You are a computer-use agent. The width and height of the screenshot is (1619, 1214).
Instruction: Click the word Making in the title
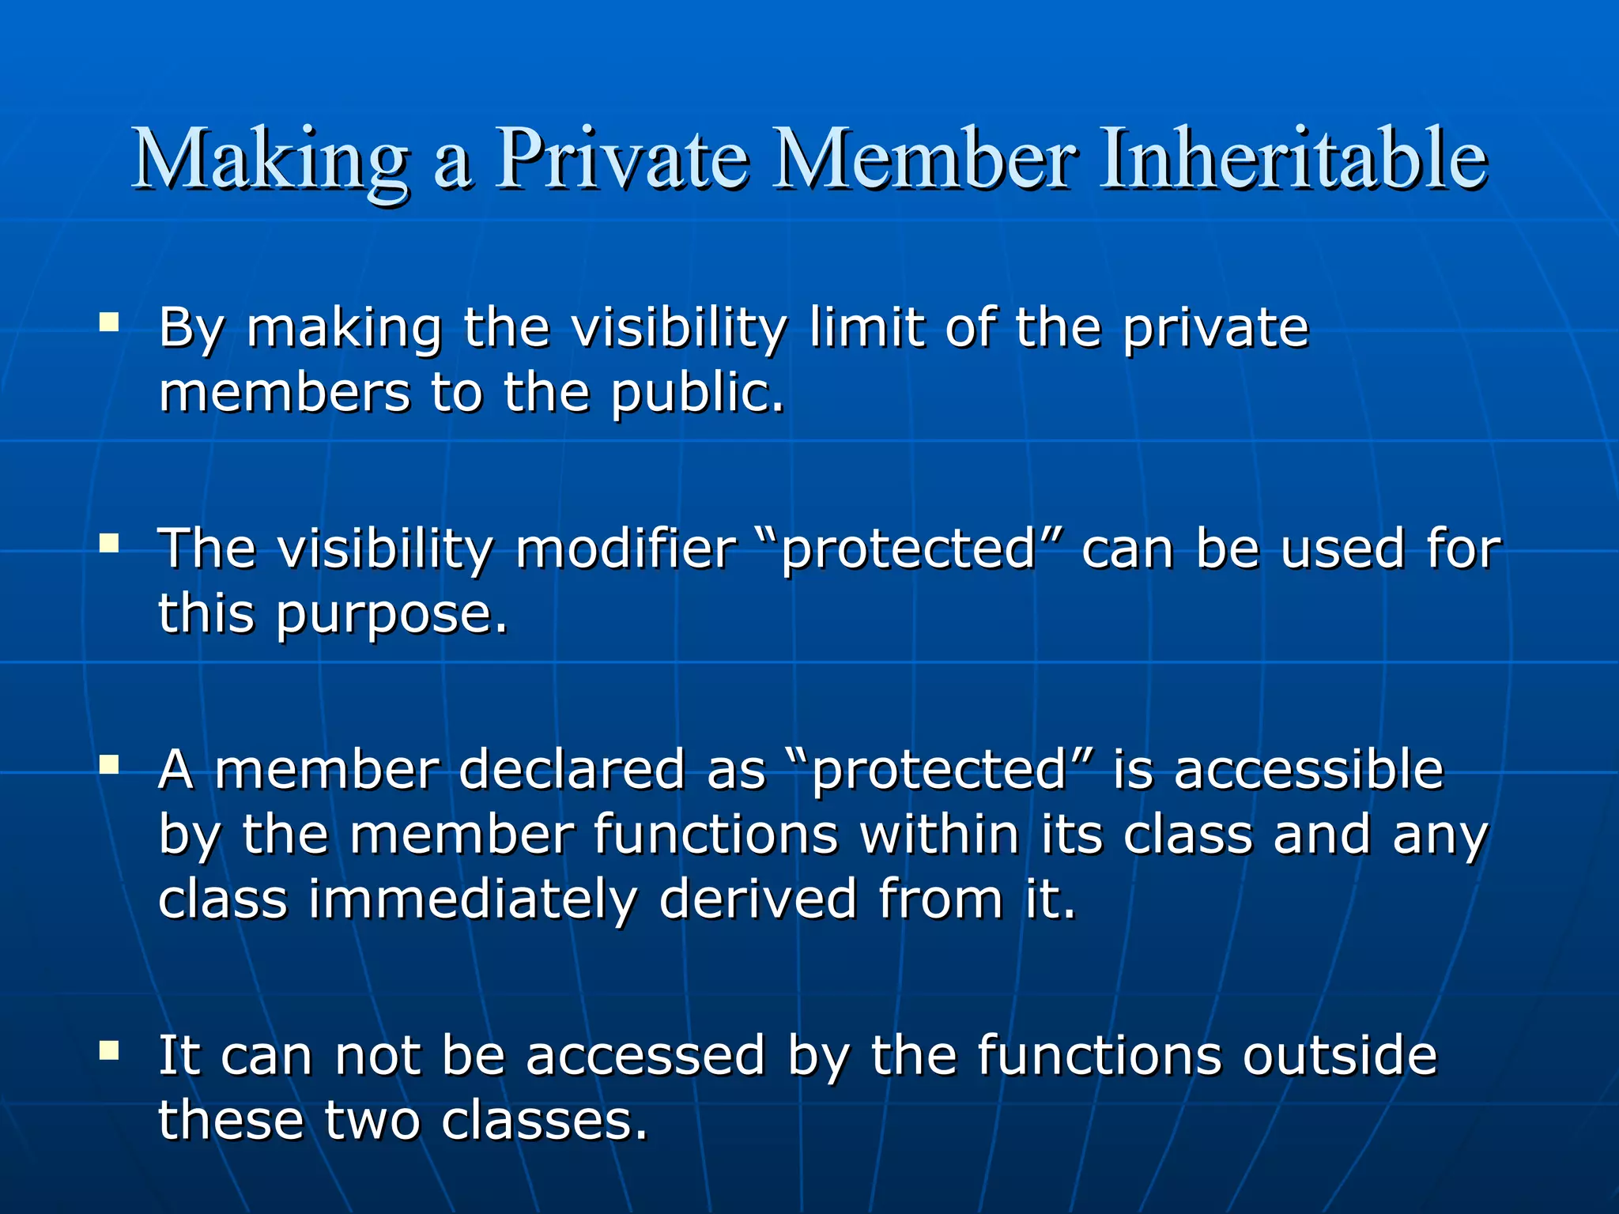coord(270,161)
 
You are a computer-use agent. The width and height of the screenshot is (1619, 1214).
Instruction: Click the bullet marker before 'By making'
coord(109,322)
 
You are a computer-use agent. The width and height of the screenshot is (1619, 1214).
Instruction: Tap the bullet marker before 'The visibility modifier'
coord(109,543)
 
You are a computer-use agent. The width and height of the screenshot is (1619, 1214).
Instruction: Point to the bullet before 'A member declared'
coord(109,764)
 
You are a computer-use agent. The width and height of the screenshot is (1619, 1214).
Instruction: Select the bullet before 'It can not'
coord(109,1050)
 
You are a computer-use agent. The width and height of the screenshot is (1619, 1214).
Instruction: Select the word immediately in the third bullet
coord(472,899)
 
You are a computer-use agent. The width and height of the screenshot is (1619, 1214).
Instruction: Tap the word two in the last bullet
coord(372,1121)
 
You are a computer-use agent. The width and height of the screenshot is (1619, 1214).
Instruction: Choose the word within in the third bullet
coord(940,835)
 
